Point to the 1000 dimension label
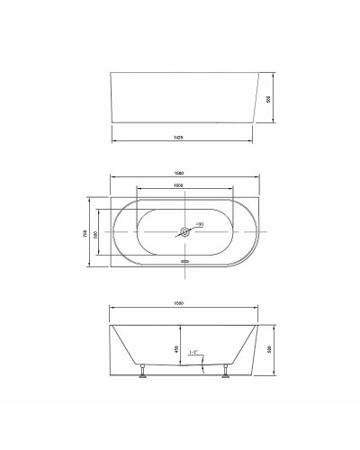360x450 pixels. coord(183,185)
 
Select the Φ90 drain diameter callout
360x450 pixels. coord(200,223)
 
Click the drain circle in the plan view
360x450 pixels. coord(184,232)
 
